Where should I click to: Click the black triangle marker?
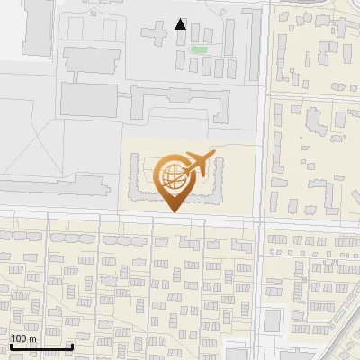click(x=181, y=24)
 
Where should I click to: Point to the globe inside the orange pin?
click(x=172, y=175)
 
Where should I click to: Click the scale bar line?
click(x=41, y=346)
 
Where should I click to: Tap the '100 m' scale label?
click(x=23, y=338)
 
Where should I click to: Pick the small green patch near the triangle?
click(x=198, y=49)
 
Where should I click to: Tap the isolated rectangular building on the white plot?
click(x=273, y=320)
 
